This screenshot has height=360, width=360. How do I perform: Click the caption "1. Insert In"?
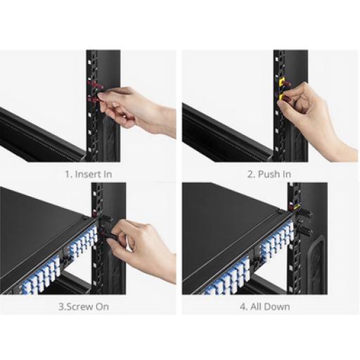pyautogui.click(x=89, y=174)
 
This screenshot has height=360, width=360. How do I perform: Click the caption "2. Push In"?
pyautogui.click(x=269, y=174)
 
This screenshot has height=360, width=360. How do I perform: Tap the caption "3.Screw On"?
pyautogui.click(x=84, y=307)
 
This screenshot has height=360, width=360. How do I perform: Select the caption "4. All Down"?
pyautogui.click(x=265, y=307)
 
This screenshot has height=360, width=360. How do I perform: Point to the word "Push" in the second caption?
pyautogui.click(x=266, y=174)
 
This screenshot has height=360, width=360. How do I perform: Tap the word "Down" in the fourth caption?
pyautogui.click(x=279, y=307)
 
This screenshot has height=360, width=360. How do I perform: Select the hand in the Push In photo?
pyautogui.click(x=311, y=117)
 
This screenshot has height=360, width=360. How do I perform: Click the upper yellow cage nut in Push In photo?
pyautogui.click(x=281, y=82)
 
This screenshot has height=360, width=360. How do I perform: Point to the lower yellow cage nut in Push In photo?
pyautogui.click(x=281, y=97)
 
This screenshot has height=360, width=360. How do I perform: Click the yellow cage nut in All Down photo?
pyautogui.click(x=297, y=207)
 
